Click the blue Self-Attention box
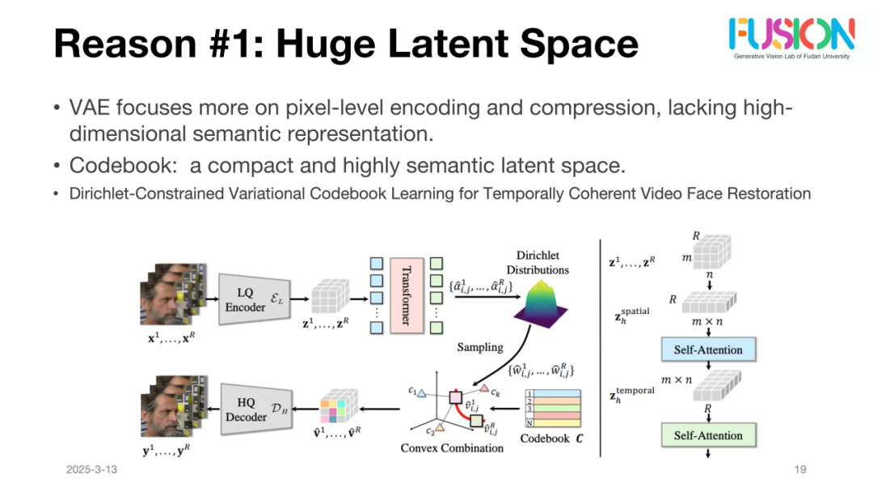707,350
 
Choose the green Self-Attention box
707,435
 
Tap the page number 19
801,469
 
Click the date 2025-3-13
92,469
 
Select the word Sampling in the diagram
480,347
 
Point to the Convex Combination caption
451,447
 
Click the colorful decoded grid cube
339,409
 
